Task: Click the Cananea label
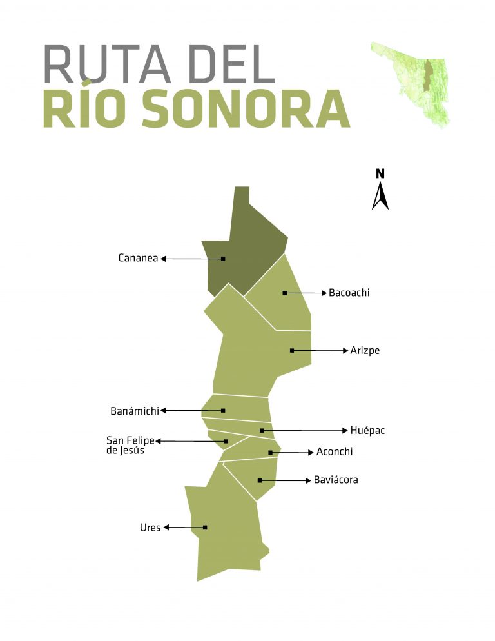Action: [x=138, y=259]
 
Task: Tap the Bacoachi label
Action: [x=349, y=293]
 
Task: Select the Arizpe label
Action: [x=365, y=351]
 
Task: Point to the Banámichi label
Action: [x=135, y=410]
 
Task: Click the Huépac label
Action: [x=367, y=430]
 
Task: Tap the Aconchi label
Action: [x=335, y=452]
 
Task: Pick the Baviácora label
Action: [x=335, y=480]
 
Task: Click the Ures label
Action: [x=150, y=528]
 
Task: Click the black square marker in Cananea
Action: [x=223, y=259]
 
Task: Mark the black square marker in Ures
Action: [x=205, y=528]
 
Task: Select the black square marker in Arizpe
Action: [x=292, y=350]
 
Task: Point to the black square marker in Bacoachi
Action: [x=284, y=293]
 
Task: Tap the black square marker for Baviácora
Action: [x=260, y=480]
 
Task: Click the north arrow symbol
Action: [x=380, y=196]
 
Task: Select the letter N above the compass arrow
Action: [x=380, y=173]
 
